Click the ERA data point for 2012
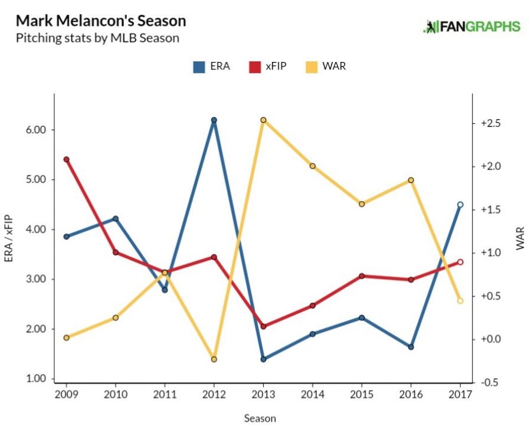(214, 120)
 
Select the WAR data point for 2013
(263, 120)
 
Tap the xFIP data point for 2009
(66, 159)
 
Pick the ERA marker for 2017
(460, 205)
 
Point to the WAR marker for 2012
(214, 359)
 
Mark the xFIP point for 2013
(263, 326)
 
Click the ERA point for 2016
(411, 347)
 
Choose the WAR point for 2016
(411, 180)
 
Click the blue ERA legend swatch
(199, 67)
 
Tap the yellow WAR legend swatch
(312, 67)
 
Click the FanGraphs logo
(471, 27)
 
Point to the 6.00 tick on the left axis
(32, 130)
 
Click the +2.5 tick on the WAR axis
(491, 123)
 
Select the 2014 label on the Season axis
(312, 394)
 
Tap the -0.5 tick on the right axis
(491, 382)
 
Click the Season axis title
(260, 418)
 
